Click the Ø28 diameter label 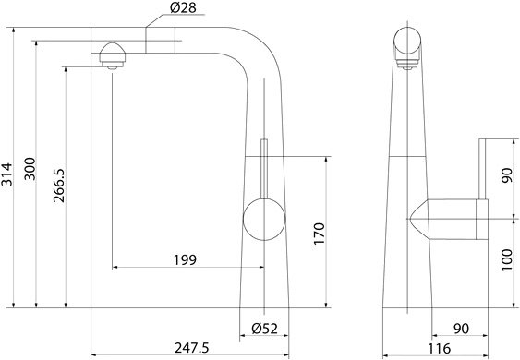coord(183,7)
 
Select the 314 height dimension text coord(7,174)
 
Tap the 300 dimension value coord(30,169)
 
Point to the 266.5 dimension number coord(59,186)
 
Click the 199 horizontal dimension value coord(185,260)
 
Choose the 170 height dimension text coord(319,234)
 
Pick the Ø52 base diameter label coord(264,329)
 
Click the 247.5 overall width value coord(192,348)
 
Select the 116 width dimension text coord(439,348)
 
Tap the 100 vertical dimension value coord(507,260)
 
